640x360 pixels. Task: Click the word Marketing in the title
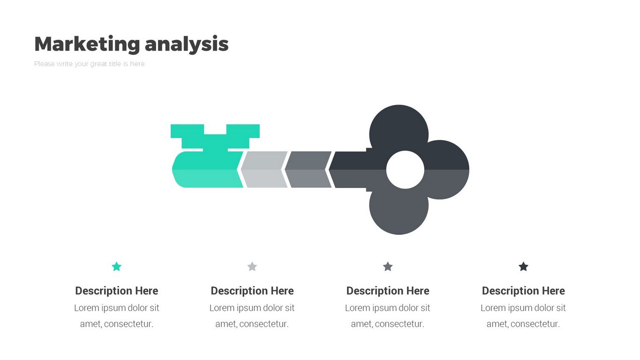tap(87, 44)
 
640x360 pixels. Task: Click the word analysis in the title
tap(187, 44)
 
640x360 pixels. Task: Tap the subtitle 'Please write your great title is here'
tap(89, 64)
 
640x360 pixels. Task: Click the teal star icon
tap(117, 267)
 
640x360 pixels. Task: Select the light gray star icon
tap(252, 267)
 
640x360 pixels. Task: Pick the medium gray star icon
tap(388, 267)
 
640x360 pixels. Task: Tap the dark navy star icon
tap(523, 267)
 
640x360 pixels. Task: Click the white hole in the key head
tap(405, 170)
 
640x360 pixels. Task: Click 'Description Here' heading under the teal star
tap(117, 291)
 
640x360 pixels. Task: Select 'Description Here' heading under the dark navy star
tap(523, 291)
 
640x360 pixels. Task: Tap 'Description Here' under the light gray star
tap(252, 291)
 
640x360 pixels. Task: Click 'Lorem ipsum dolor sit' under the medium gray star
tap(388, 308)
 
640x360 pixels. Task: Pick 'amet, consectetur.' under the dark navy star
tap(523, 324)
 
